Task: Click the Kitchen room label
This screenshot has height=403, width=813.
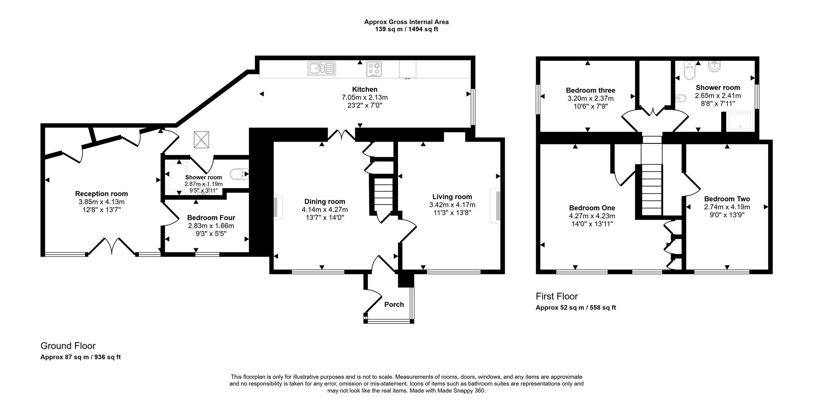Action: coord(365,89)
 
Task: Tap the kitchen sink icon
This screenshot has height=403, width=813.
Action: coord(321,68)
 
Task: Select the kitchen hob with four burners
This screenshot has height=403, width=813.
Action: coord(373,69)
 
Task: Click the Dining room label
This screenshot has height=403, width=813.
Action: coord(325,202)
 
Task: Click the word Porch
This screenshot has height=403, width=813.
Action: coord(394,304)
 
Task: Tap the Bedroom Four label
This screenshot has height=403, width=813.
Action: coord(211,218)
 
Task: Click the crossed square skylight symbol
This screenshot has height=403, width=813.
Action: coord(202,140)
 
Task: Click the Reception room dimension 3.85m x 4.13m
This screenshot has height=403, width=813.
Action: coord(101,202)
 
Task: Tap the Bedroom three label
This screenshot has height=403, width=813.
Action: coord(590,90)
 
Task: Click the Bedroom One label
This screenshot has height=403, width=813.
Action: coord(592,208)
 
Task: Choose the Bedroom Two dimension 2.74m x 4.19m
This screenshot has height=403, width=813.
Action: coord(727,207)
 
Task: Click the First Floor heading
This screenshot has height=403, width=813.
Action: coord(556,296)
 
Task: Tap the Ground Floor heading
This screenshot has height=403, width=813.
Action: coord(68,346)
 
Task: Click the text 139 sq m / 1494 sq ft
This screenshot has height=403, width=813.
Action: coord(406,29)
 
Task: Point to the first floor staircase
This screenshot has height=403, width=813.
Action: coord(652,190)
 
